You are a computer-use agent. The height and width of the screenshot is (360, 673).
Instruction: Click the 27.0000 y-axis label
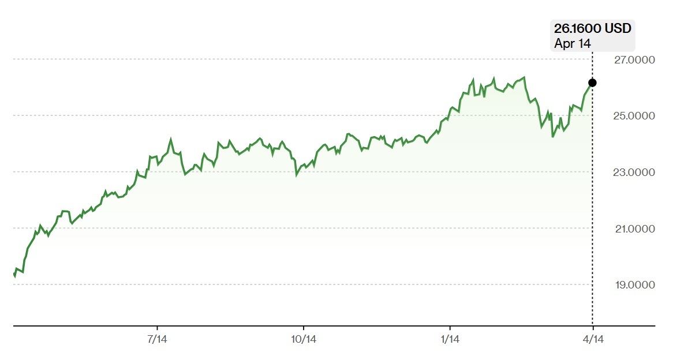[x=634, y=59]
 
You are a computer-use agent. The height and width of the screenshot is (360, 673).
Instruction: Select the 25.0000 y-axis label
[x=634, y=116]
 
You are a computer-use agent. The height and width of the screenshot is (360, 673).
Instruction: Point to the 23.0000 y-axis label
[x=634, y=172]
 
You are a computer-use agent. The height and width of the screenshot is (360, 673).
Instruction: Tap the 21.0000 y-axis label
[x=635, y=228]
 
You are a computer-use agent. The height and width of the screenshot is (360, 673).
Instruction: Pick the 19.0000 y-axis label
[x=635, y=285]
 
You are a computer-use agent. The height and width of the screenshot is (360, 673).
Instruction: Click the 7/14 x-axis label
[x=157, y=339]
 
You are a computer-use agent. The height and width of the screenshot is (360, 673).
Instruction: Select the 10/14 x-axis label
[x=304, y=339]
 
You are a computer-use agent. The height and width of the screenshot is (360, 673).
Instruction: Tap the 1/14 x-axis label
[x=450, y=339]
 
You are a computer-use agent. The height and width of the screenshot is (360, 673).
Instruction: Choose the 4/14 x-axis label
[x=593, y=339]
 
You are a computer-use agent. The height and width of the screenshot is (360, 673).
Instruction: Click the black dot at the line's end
[x=592, y=83]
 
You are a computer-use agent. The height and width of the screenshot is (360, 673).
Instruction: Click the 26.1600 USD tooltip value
[x=592, y=28]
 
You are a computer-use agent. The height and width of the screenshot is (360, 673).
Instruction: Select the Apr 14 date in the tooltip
[x=573, y=43]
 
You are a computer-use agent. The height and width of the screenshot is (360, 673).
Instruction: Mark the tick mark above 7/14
[x=157, y=328]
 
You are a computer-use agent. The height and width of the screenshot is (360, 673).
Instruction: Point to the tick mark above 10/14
[x=304, y=328]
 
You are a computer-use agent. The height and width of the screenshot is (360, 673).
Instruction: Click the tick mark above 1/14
[x=450, y=328]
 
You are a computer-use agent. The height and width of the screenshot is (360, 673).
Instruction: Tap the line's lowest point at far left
[x=14, y=277]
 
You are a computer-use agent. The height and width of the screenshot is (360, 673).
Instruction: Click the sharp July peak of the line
[x=171, y=139]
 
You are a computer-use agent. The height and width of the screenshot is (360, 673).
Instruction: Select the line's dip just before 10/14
[x=296, y=175]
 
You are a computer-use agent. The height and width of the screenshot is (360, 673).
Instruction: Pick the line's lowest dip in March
[x=553, y=137]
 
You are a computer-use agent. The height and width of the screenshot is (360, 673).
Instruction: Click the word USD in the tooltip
[x=618, y=28]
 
